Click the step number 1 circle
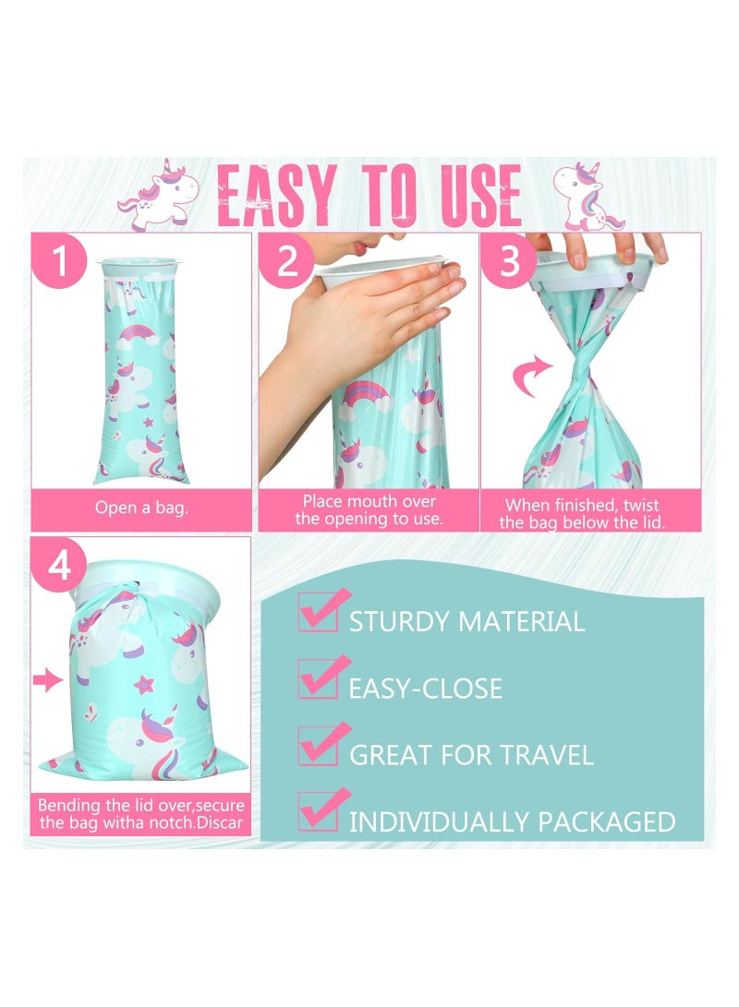point(61,261)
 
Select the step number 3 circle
point(511,261)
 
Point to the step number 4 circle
point(60,566)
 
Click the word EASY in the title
point(276,196)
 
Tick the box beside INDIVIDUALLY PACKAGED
point(317,815)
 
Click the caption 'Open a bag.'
point(141,508)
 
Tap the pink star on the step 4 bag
point(144,685)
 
